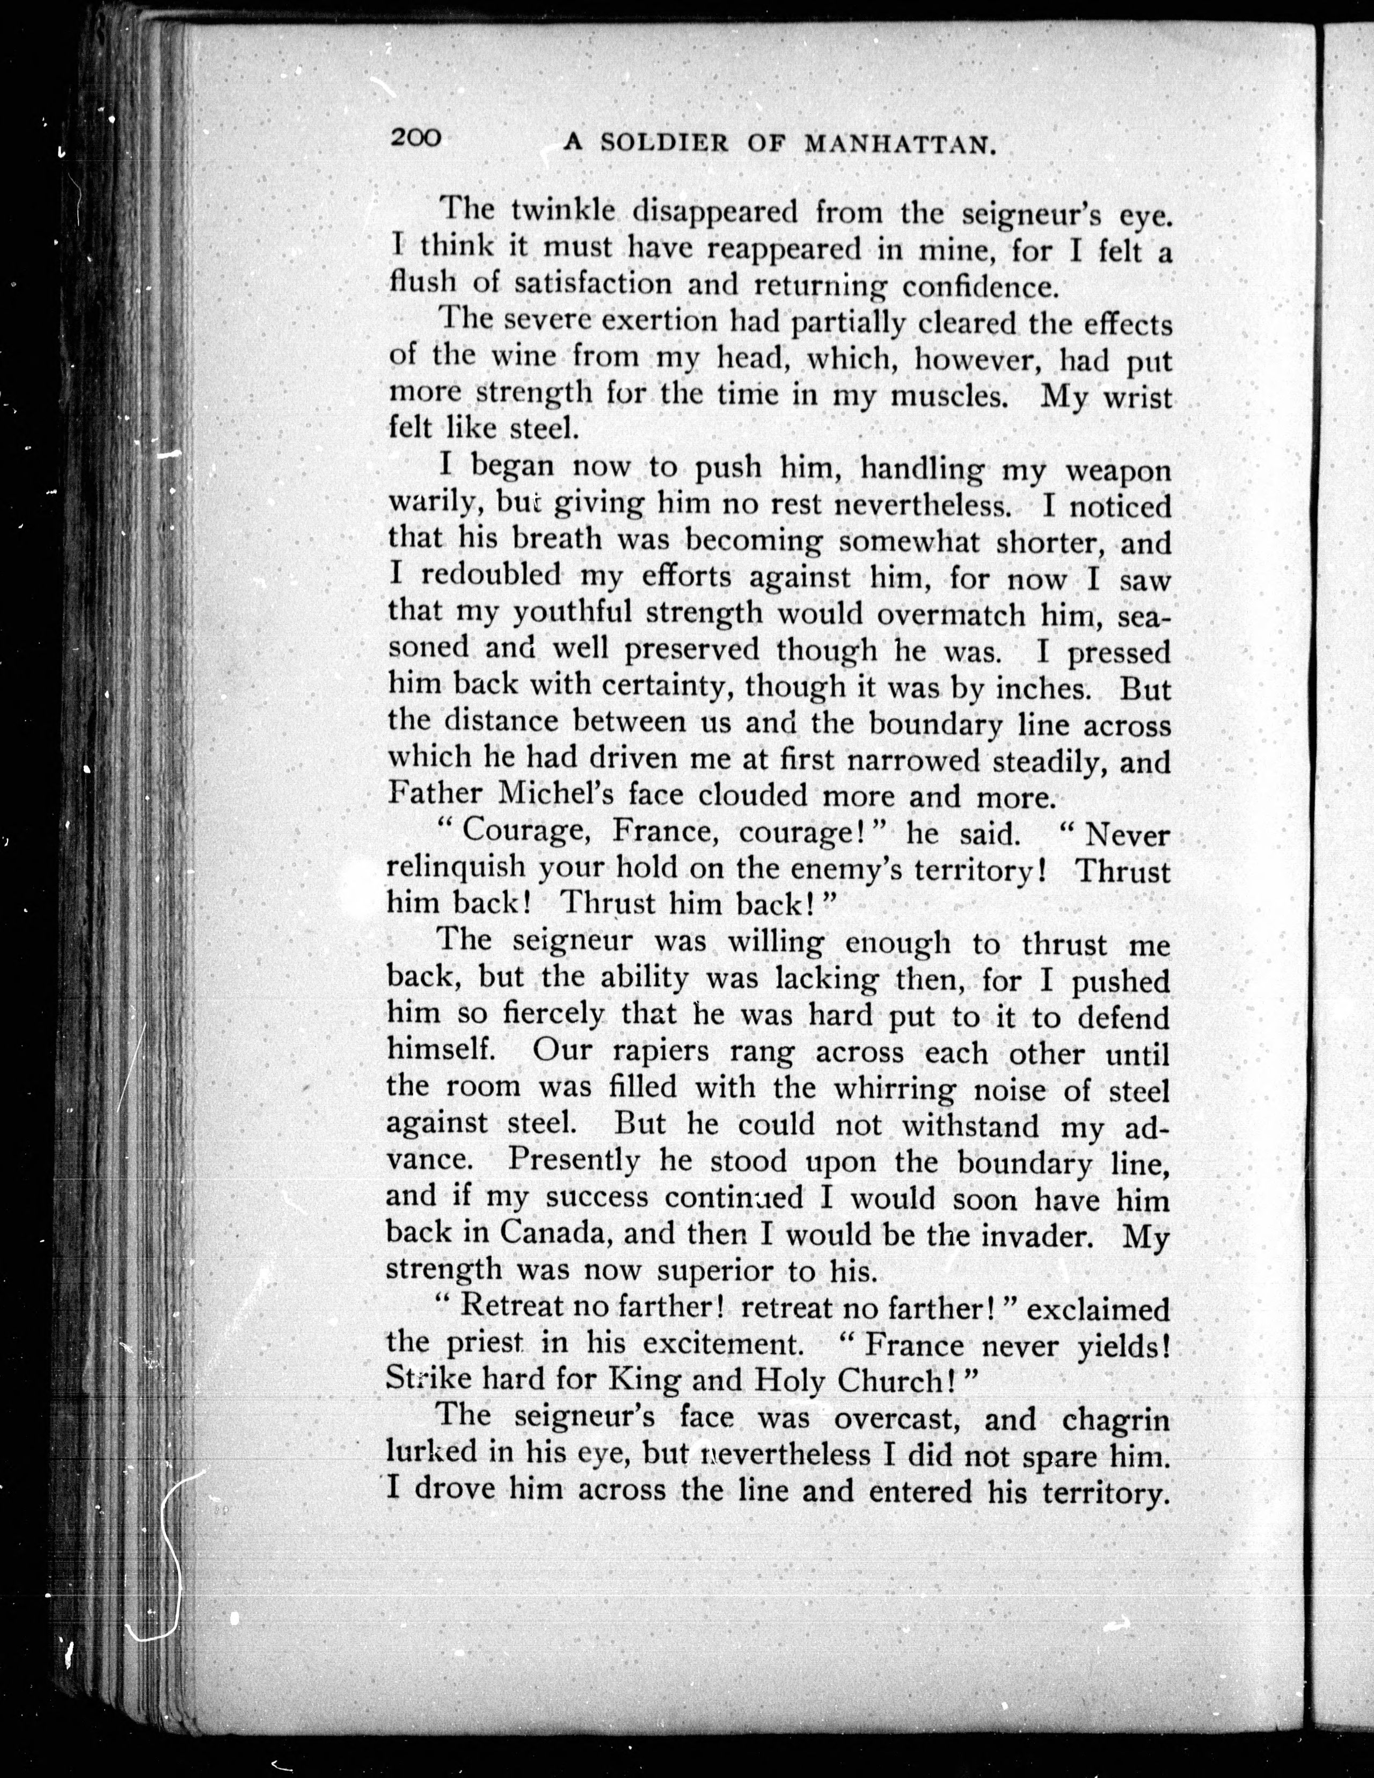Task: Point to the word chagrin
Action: [1115, 1418]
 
